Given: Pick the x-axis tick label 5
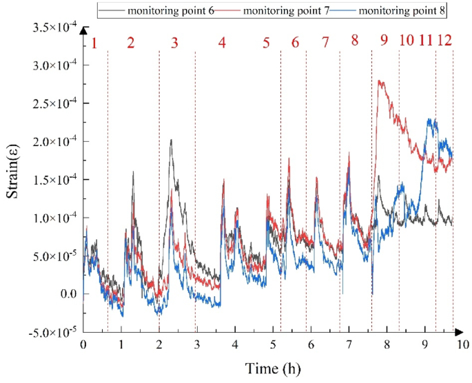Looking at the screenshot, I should (273, 344).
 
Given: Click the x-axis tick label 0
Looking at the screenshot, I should (83, 344).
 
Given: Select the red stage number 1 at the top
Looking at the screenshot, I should (94, 43).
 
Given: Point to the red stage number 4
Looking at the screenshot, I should (221, 43).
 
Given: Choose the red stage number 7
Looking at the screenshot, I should (325, 42).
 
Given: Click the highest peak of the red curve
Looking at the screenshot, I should (380, 81).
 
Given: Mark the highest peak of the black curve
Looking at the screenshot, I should (171, 140).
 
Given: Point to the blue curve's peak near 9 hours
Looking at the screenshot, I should (431, 120).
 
